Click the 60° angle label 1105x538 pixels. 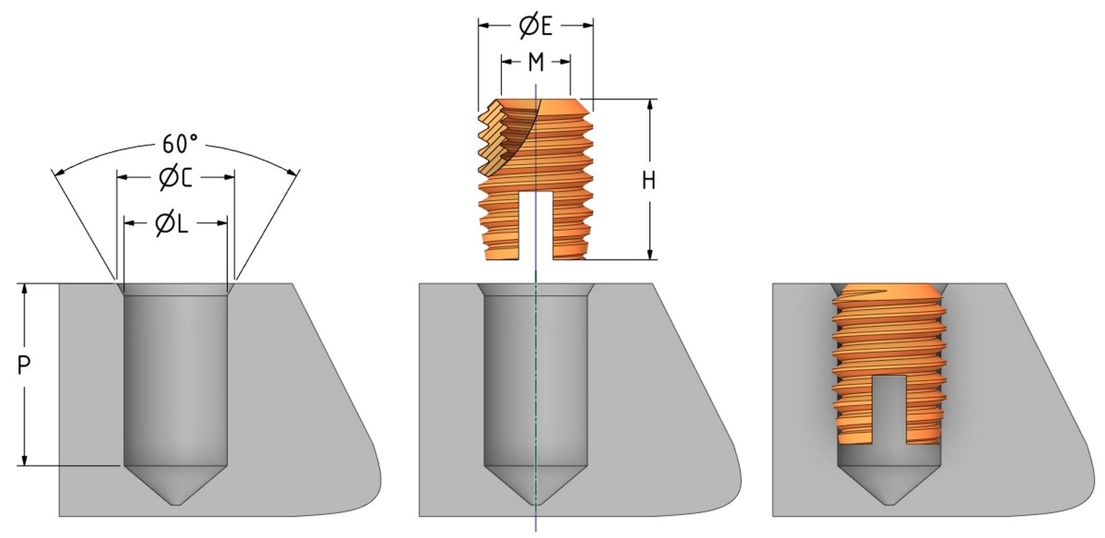pos(179,144)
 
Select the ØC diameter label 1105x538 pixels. pos(176,178)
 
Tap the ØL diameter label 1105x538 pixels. pos(172,223)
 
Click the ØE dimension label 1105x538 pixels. pos(536,26)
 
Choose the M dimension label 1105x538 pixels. pos(536,63)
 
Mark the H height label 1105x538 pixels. pos(649,180)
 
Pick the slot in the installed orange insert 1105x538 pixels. pos(889,410)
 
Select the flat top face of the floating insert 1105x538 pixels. pos(561,106)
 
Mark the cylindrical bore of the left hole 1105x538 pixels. pos(176,377)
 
